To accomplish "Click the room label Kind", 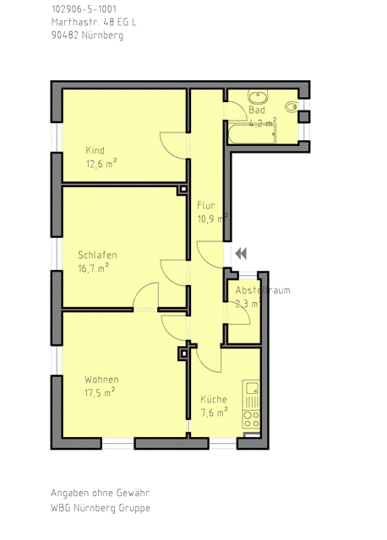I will pos(95,151).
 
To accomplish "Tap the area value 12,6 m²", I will pos(101,165).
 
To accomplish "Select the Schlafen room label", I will pos(96,255).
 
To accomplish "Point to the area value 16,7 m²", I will pos(93,268).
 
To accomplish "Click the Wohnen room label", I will pos(101,380).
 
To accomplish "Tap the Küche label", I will pos(214,399).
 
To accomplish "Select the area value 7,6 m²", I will pos(214,413).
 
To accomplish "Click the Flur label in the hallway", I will pos(206,206).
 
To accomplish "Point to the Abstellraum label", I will pos(262,290).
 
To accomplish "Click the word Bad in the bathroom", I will pos(257,111).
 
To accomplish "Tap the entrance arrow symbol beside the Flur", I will pos(241,252).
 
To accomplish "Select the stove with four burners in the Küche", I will pos(251,417).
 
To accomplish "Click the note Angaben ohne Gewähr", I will pos(100,493).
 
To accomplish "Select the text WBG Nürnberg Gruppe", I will pos(100,508).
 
